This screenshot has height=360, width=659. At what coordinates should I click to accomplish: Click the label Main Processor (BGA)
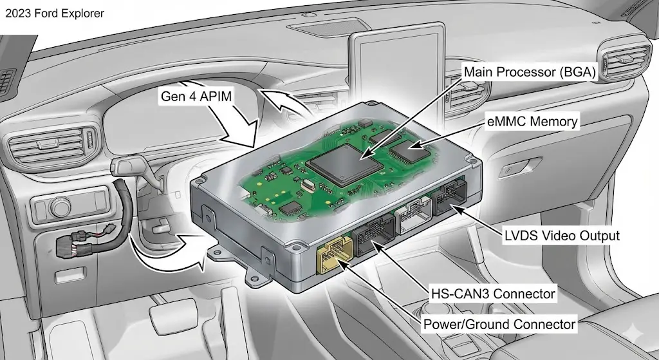click(530, 72)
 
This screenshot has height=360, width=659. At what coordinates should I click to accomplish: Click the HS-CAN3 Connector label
click(492, 293)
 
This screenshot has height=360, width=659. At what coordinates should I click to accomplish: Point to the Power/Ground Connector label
click(499, 324)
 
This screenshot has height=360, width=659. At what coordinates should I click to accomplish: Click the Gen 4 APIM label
click(196, 97)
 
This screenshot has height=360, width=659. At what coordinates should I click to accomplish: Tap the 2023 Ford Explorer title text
click(55, 14)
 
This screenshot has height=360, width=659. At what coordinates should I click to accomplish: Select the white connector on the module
click(414, 215)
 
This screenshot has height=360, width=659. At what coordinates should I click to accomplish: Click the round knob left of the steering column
click(60, 207)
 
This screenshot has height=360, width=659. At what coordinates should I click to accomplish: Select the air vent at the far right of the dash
click(626, 59)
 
